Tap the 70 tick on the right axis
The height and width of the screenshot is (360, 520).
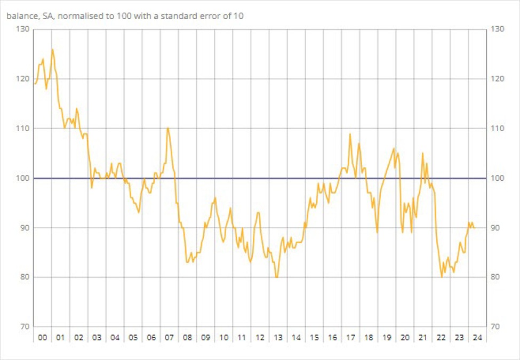[x=497, y=327]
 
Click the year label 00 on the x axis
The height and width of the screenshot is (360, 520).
[x=42, y=338]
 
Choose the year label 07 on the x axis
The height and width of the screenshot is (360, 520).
[x=169, y=338]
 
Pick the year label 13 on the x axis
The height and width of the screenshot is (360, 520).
[x=278, y=338]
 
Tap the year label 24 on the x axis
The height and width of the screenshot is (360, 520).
[x=477, y=338]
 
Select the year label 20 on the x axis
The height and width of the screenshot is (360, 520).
[x=405, y=338]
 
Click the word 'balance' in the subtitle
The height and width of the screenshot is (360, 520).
[x=21, y=15]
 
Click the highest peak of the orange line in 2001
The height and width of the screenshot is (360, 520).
[x=52, y=49]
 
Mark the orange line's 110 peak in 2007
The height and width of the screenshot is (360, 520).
[x=168, y=128]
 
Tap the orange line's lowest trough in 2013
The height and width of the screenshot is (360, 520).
[x=276, y=277]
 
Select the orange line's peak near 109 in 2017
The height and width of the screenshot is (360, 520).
[x=350, y=133]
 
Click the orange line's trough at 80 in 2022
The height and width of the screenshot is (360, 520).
[x=442, y=277]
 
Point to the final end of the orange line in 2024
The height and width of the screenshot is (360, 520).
[x=474, y=228]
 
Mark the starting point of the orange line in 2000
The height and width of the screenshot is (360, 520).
[x=35, y=84]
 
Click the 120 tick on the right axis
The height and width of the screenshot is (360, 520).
[x=497, y=79]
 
